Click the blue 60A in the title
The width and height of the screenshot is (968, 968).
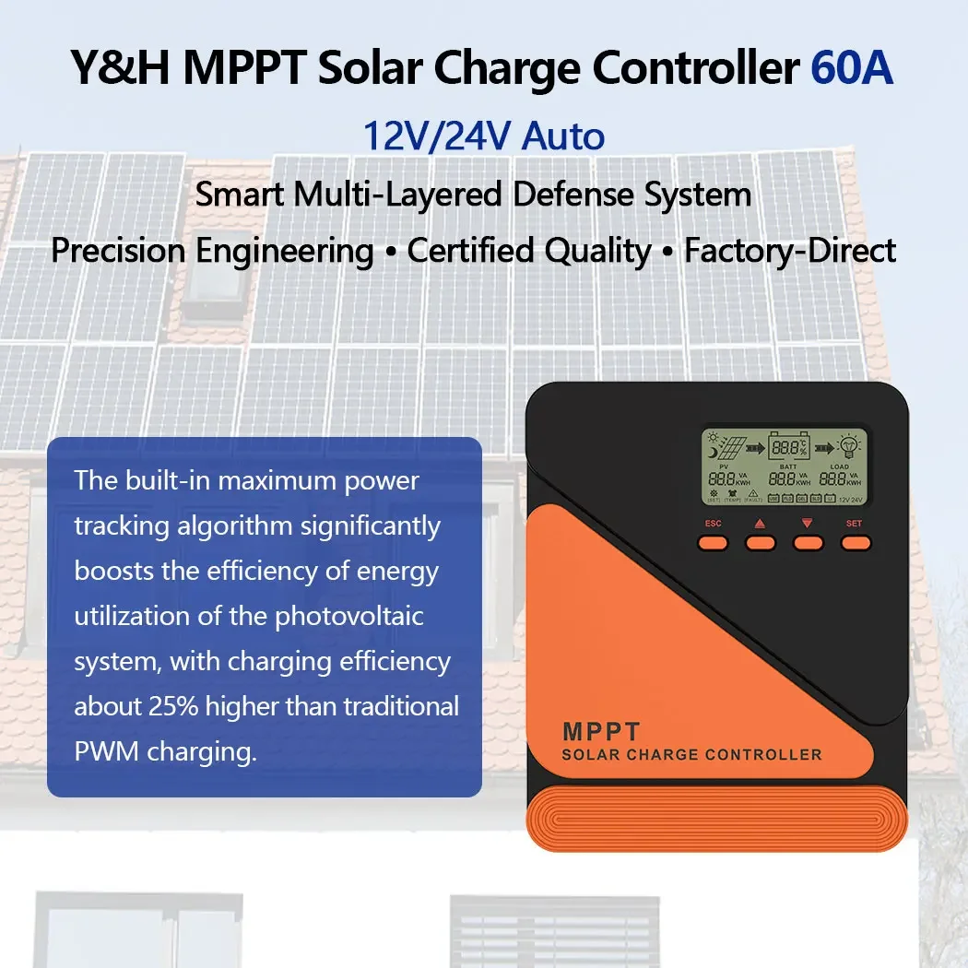(x=852, y=70)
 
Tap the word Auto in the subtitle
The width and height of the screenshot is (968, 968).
(x=563, y=136)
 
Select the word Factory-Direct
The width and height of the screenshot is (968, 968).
(x=790, y=250)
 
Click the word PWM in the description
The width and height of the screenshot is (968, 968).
(x=102, y=750)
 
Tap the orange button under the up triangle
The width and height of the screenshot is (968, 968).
(x=761, y=542)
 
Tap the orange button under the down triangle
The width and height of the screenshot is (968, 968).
(x=809, y=542)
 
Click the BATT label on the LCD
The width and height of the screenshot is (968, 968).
(x=787, y=467)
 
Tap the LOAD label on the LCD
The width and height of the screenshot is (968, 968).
(x=839, y=467)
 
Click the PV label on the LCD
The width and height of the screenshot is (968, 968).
(x=723, y=467)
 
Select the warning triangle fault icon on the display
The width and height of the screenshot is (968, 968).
(x=752, y=492)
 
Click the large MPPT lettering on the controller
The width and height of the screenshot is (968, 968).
(x=601, y=732)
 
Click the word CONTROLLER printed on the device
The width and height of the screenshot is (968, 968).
(x=759, y=755)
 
